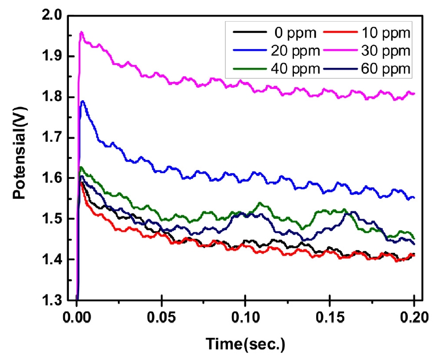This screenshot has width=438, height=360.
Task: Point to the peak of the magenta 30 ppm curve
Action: (x=81, y=32)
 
